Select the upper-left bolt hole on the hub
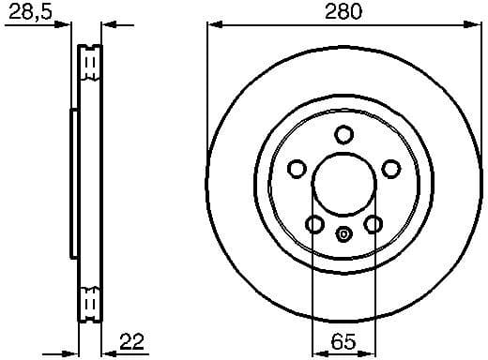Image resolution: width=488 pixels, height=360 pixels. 297,169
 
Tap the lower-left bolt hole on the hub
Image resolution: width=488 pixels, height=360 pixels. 314,224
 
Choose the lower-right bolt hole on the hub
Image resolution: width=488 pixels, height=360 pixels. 373,224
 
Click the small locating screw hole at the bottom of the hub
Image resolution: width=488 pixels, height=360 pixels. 343,235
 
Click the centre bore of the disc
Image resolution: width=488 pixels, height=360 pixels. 343,183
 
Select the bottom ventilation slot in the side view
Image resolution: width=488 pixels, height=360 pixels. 91,303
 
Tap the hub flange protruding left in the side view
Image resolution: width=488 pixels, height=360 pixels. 74,183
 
